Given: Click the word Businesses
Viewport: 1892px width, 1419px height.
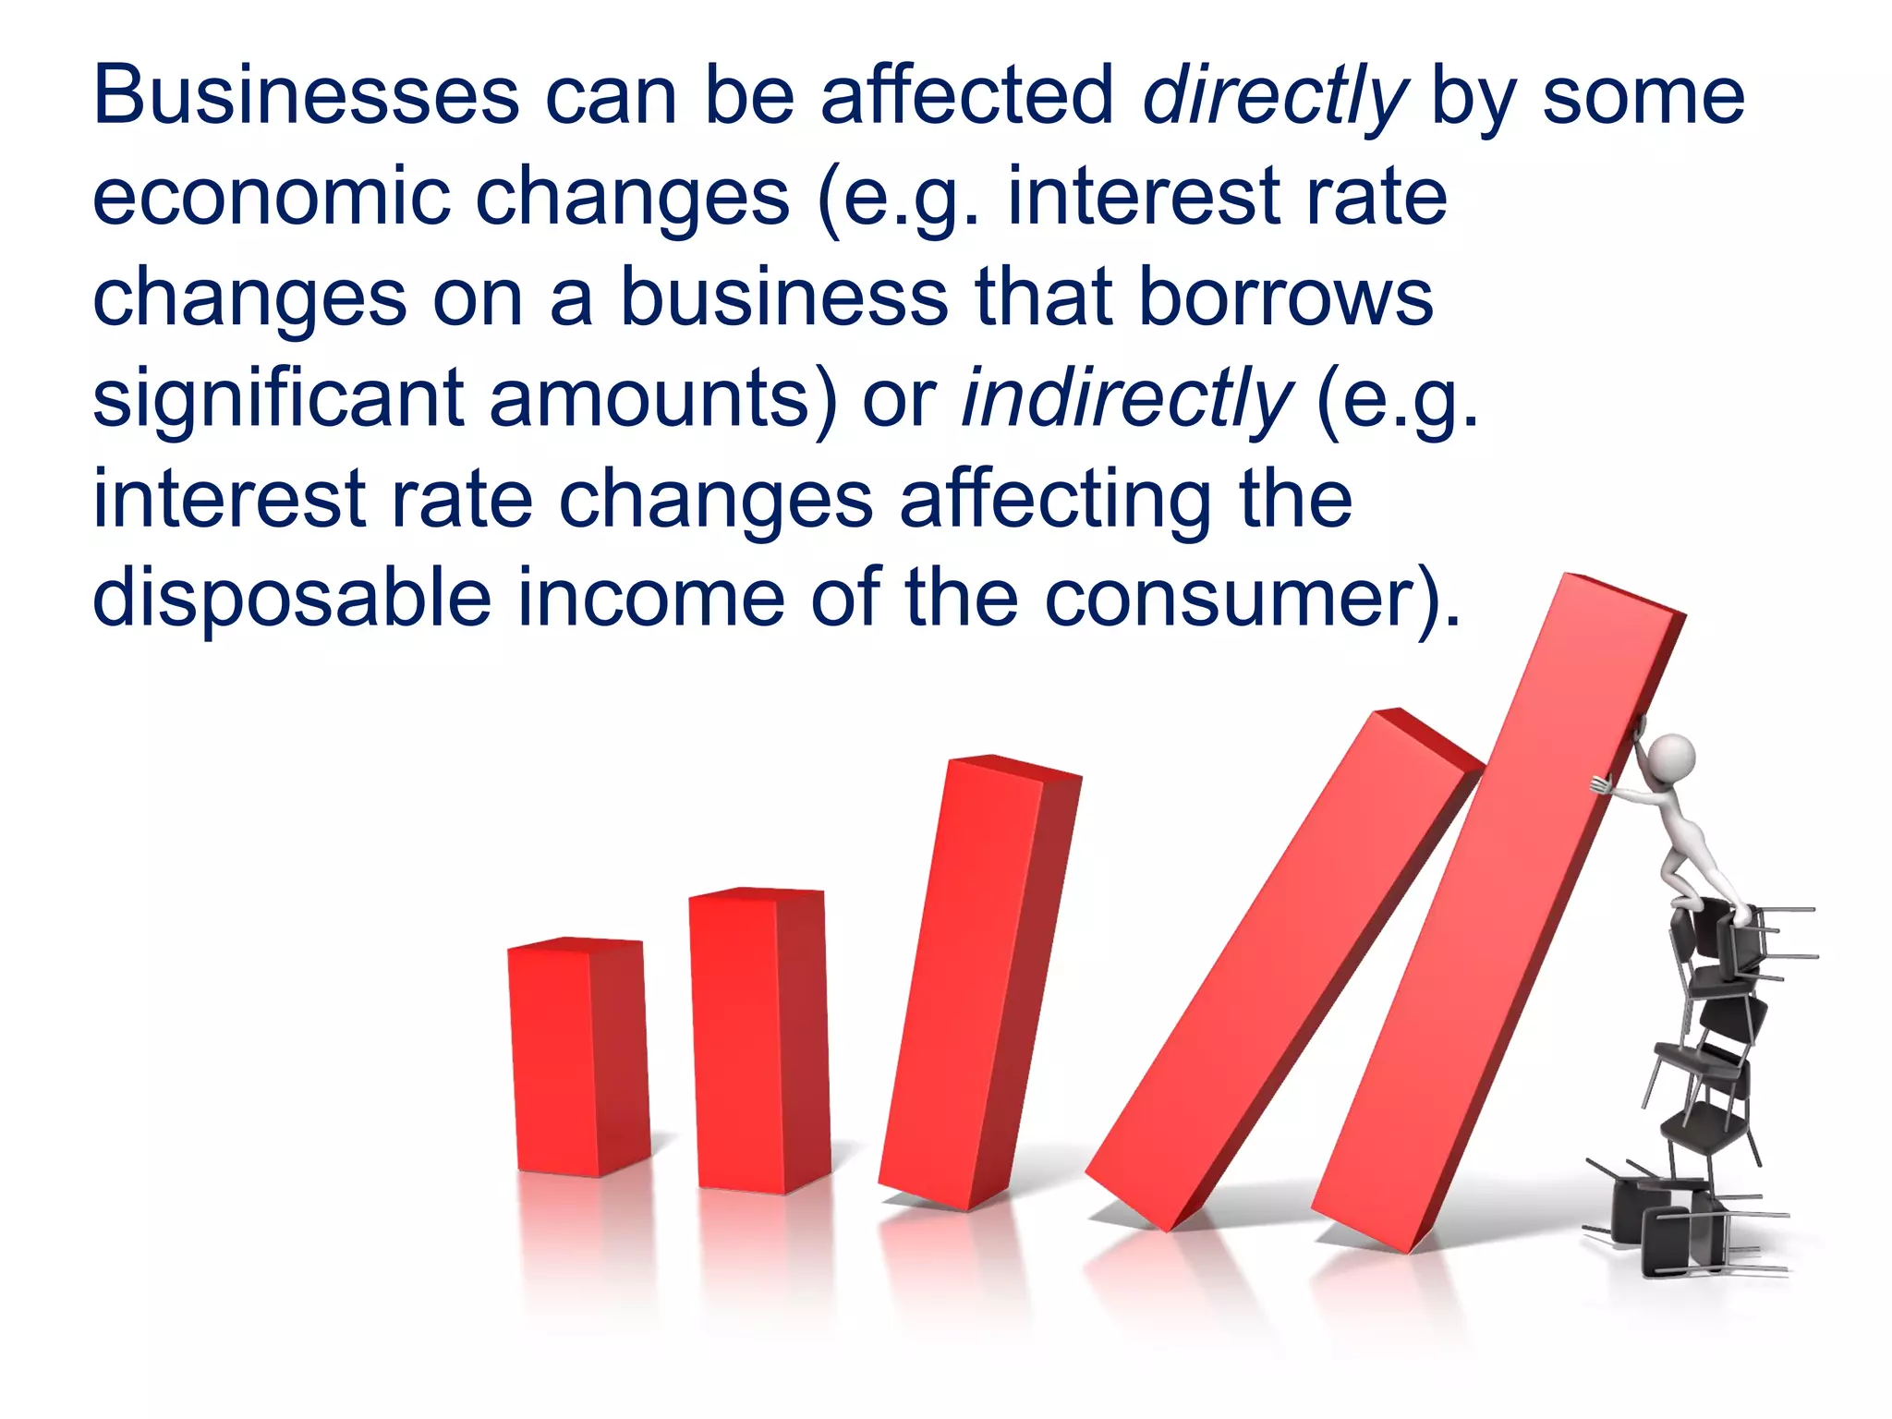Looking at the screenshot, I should coord(306,96).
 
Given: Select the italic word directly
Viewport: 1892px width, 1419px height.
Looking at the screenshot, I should coord(1274,98).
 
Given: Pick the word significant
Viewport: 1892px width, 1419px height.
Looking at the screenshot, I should coord(277,400).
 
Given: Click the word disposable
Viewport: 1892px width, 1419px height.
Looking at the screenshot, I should coord(292,600).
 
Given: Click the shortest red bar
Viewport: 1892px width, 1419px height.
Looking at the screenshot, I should coord(577,1058).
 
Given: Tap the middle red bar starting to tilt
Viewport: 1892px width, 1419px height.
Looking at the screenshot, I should coord(979,979).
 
